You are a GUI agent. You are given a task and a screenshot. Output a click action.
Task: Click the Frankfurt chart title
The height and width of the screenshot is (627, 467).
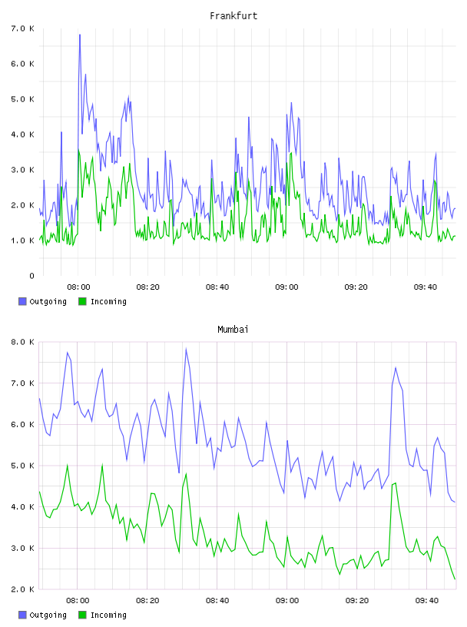(233, 16)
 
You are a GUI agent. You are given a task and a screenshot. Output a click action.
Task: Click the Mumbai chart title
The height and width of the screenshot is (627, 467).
(233, 330)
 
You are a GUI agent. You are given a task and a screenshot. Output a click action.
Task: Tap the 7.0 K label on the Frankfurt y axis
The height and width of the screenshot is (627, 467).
(23, 28)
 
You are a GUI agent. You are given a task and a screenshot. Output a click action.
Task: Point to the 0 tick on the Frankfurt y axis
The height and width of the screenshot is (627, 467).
(31, 276)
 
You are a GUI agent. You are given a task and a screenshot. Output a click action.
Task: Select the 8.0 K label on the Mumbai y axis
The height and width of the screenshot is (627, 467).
(23, 342)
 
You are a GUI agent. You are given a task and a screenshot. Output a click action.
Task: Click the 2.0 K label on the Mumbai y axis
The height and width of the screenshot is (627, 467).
(23, 589)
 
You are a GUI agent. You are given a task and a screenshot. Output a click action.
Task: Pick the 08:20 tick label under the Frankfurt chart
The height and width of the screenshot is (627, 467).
(148, 287)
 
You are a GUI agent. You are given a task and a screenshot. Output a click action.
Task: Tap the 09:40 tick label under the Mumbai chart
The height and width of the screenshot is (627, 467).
(426, 600)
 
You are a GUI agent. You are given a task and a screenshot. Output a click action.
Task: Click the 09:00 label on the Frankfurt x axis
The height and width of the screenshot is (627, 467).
(286, 287)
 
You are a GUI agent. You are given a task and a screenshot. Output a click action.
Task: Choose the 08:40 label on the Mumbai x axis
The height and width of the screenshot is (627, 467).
(217, 600)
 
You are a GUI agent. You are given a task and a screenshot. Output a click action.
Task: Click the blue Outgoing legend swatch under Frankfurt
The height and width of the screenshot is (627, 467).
(22, 301)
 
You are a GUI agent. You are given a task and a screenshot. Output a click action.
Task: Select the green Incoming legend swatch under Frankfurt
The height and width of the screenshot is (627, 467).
(82, 301)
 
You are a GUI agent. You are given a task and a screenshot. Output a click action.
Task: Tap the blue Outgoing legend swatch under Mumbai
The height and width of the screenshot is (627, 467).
(22, 615)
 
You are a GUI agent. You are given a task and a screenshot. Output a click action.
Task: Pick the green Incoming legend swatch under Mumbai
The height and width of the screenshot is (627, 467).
(82, 615)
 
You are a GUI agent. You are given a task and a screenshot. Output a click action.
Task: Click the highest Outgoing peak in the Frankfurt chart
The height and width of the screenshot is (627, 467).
(80, 35)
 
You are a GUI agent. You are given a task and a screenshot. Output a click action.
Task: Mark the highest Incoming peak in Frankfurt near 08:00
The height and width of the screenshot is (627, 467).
(79, 150)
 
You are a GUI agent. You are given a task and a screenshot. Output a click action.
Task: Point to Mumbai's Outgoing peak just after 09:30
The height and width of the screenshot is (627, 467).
(396, 367)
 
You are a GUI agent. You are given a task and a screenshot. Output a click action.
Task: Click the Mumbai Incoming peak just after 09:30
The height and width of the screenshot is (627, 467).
(396, 483)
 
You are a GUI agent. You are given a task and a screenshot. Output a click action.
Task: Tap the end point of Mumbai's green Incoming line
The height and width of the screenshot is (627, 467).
(455, 579)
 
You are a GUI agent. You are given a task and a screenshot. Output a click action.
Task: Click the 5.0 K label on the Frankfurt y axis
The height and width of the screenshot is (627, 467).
(23, 99)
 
